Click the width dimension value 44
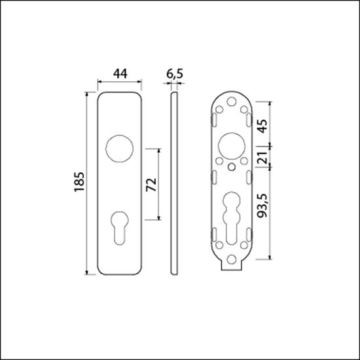118,75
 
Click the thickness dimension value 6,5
173,75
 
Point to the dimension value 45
262,126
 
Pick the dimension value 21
262,159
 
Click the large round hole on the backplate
232,145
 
